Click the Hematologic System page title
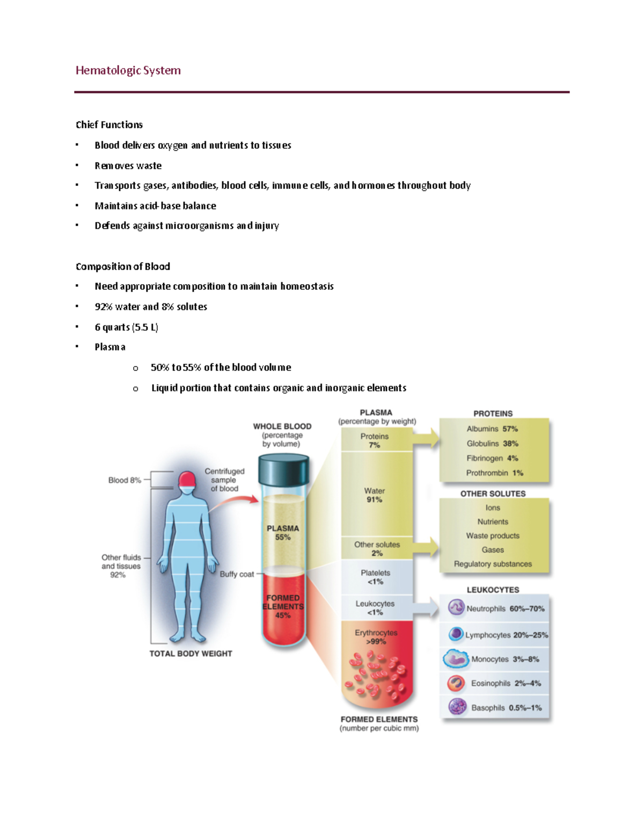tap(128, 70)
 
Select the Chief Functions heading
tap(109, 125)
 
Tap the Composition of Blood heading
tap(122, 266)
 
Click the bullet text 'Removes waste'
tap(128, 165)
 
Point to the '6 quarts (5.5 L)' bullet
tap(126, 327)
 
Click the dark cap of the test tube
tap(283, 469)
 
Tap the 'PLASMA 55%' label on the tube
tap(283, 533)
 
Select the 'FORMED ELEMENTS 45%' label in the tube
tap(283, 606)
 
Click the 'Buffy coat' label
tap(237, 574)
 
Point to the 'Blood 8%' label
tap(125, 480)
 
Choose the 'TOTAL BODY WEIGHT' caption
tap(191, 654)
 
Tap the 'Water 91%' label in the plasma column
tap(374, 495)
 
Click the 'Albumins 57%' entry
tap(492, 429)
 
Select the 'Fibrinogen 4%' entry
tap(492, 458)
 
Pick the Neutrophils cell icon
tap(456, 607)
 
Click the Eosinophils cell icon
tap(456, 683)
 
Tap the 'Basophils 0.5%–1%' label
tap(506, 708)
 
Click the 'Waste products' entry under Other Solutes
tap(493, 535)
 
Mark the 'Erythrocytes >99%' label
tap(376, 637)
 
